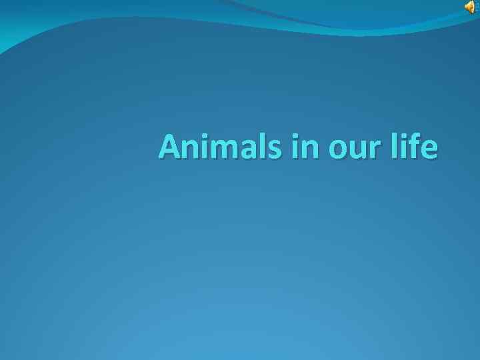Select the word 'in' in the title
306,147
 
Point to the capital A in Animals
170,147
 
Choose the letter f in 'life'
417,146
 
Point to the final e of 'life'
430,150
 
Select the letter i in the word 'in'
295,147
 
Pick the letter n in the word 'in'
310,150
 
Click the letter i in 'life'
406,147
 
